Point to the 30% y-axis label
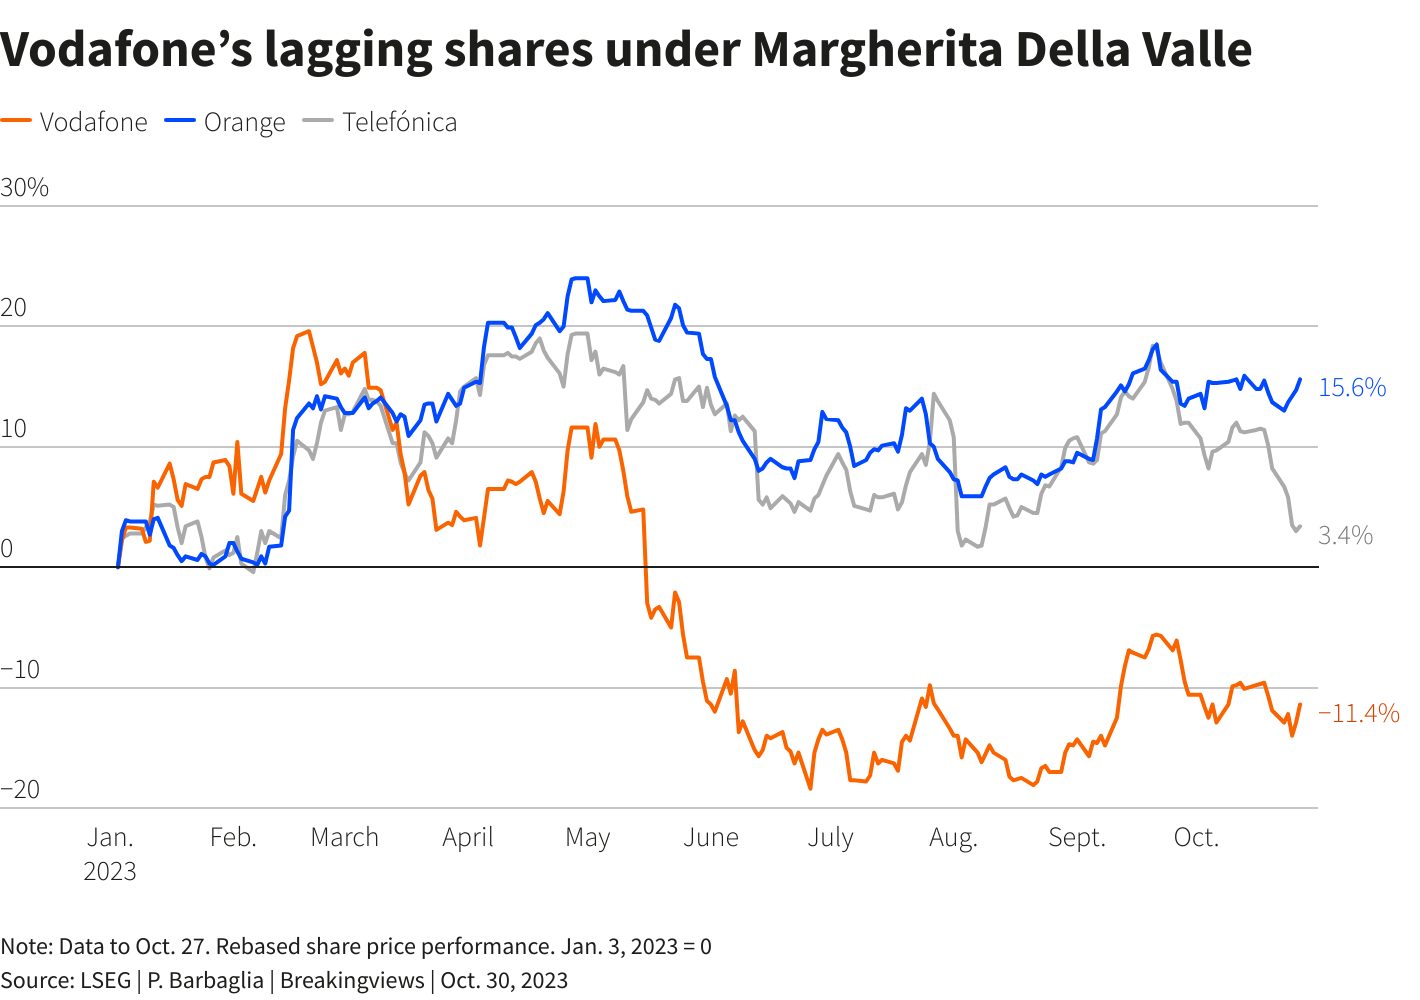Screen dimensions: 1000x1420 click(25, 188)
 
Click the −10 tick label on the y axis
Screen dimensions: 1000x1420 click(21, 669)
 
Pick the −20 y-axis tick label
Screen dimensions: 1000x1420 click(21, 789)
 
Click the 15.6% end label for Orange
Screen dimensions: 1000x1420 click(1352, 388)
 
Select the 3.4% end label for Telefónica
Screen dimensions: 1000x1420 click(1345, 536)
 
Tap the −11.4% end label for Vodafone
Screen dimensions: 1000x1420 click(1358, 713)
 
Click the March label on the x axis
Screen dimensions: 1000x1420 click(345, 837)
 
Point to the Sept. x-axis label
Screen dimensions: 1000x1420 click(1077, 837)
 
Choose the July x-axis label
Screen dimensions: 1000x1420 click(830, 837)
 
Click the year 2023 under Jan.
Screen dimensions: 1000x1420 click(110, 871)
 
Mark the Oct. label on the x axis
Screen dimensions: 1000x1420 click(1196, 837)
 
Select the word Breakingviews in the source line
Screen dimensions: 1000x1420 click(352, 980)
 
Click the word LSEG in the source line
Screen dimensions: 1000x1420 click(106, 980)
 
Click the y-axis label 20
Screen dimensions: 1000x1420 click(14, 308)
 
